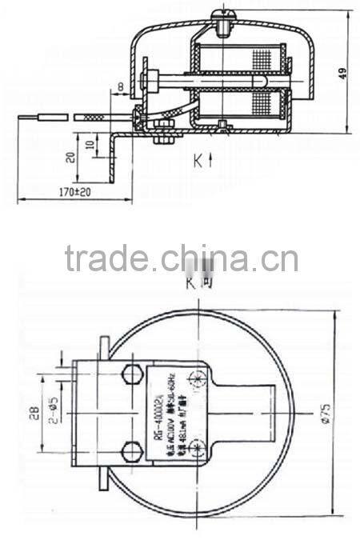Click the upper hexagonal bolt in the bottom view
coord(130,374)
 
